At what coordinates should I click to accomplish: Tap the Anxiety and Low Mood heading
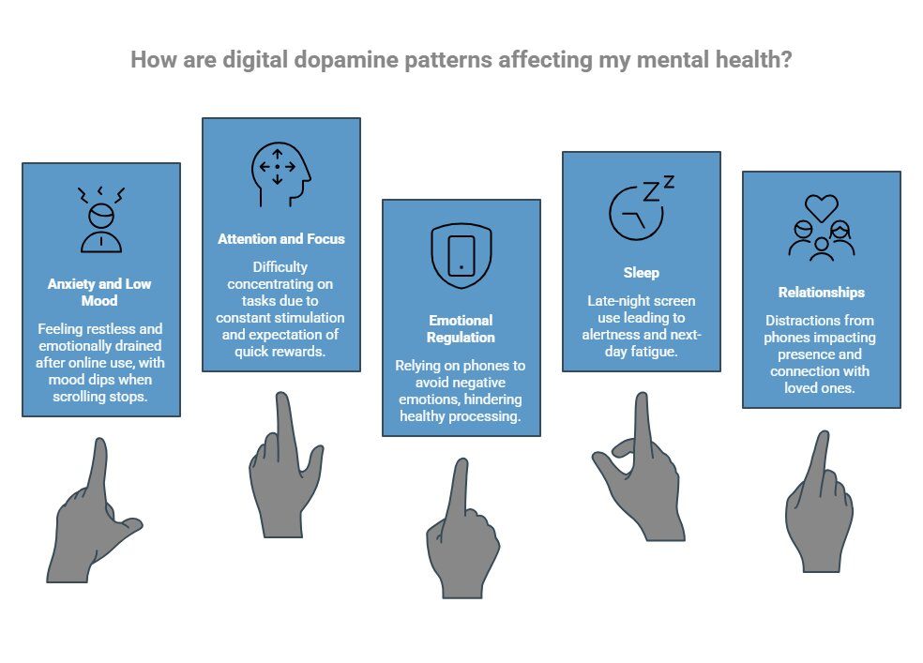(x=100, y=293)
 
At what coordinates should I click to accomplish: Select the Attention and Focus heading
(x=280, y=239)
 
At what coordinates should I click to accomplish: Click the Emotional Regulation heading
(x=461, y=329)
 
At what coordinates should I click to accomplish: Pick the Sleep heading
(x=642, y=273)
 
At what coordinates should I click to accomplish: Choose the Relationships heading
(x=821, y=293)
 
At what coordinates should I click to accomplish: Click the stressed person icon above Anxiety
(x=100, y=218)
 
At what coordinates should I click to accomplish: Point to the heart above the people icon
(x=822, y=206)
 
